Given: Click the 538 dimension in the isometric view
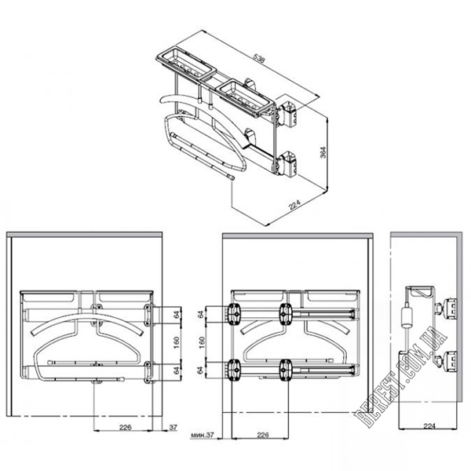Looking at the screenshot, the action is click(258, 57).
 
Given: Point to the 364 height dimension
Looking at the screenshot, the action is click(323, 152).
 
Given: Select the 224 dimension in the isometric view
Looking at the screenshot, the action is click(294, 205).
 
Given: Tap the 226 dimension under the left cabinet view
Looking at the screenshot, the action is click(126, 427).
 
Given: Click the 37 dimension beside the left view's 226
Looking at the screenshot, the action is click(173, 427).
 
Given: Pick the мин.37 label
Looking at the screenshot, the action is click(203, 435).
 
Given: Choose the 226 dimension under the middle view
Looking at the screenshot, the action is click(263, 435).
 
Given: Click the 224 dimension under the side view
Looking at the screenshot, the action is click(429, 425).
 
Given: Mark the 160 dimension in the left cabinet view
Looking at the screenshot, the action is click(177, 342).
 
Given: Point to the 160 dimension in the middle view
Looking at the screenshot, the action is click(202, 342).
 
